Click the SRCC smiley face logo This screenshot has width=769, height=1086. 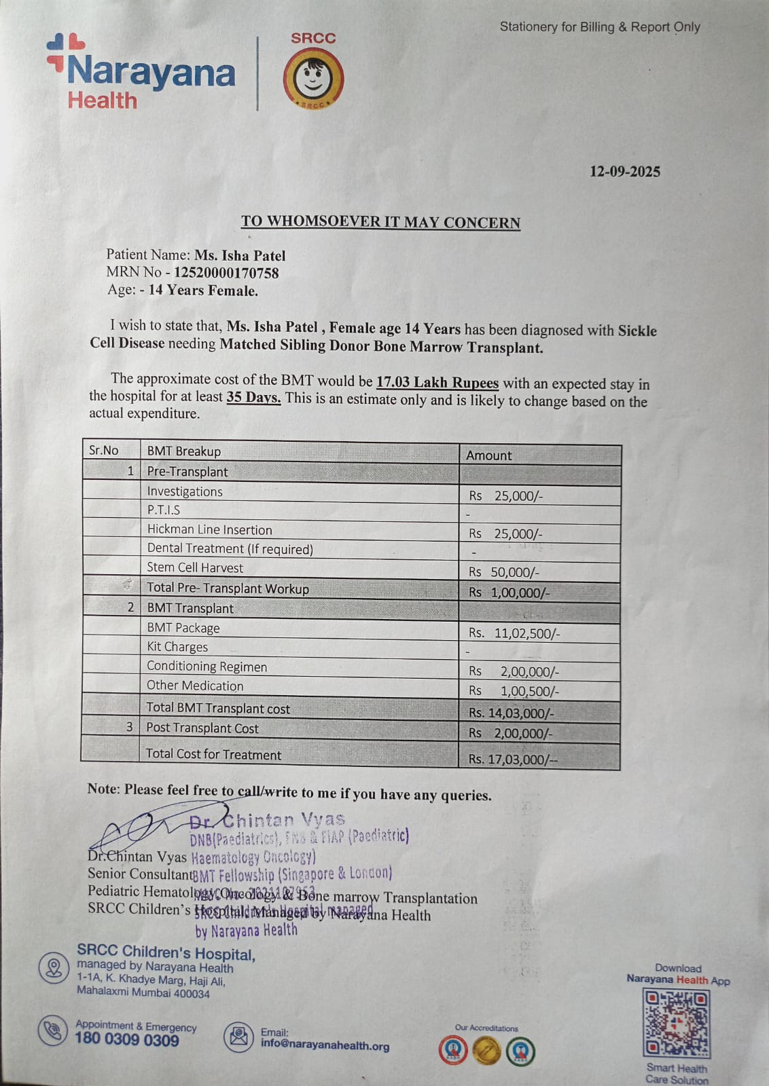click(x=313, y=79)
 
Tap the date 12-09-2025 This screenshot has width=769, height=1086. click(x=624, y=172)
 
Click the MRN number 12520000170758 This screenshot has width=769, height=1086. click(x=226, y=273)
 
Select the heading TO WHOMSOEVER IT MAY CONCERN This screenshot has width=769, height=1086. click(x=380, y=222)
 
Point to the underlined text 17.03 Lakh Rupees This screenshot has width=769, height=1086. click(x=437, y=383)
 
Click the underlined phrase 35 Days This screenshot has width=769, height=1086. click(x=253, y=398)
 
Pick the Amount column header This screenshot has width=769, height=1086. click(x=489, y=455)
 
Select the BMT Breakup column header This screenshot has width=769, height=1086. click(x=184, y=451)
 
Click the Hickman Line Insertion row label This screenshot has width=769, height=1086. click(x=209, y=529)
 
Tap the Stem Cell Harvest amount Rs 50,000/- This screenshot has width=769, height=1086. click(x=504, y=572)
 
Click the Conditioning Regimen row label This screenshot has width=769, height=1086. click(x=207, y=667)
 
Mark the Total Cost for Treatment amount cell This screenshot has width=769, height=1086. click(x=513, y=759)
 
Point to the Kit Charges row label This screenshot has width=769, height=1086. click(x=177, y=647)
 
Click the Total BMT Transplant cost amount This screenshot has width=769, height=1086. click(x=512, y=713)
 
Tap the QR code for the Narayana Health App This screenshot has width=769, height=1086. click(x=676, y=1024)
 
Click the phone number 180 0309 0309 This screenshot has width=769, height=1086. click(x=127, y=1038)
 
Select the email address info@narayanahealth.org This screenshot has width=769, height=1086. click(x=325, y=1045)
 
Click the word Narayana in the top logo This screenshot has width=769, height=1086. click(x=151, y=72)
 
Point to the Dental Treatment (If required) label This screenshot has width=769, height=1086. click(x=230, y=548)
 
